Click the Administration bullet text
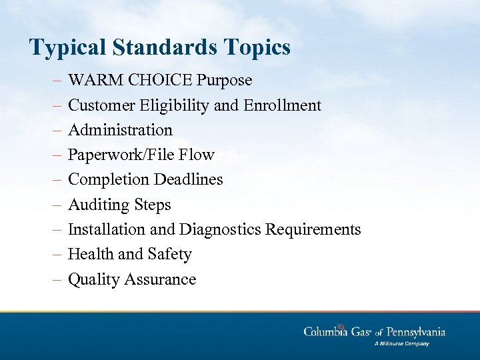[x=120, y=130]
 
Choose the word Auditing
[x=96, y=205]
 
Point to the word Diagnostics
[x=220, y=230]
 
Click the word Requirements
[x=313, y=230]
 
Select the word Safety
[x=171, y=255]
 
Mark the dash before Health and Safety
[x=57, y=255]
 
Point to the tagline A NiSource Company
[x=402, y=344]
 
